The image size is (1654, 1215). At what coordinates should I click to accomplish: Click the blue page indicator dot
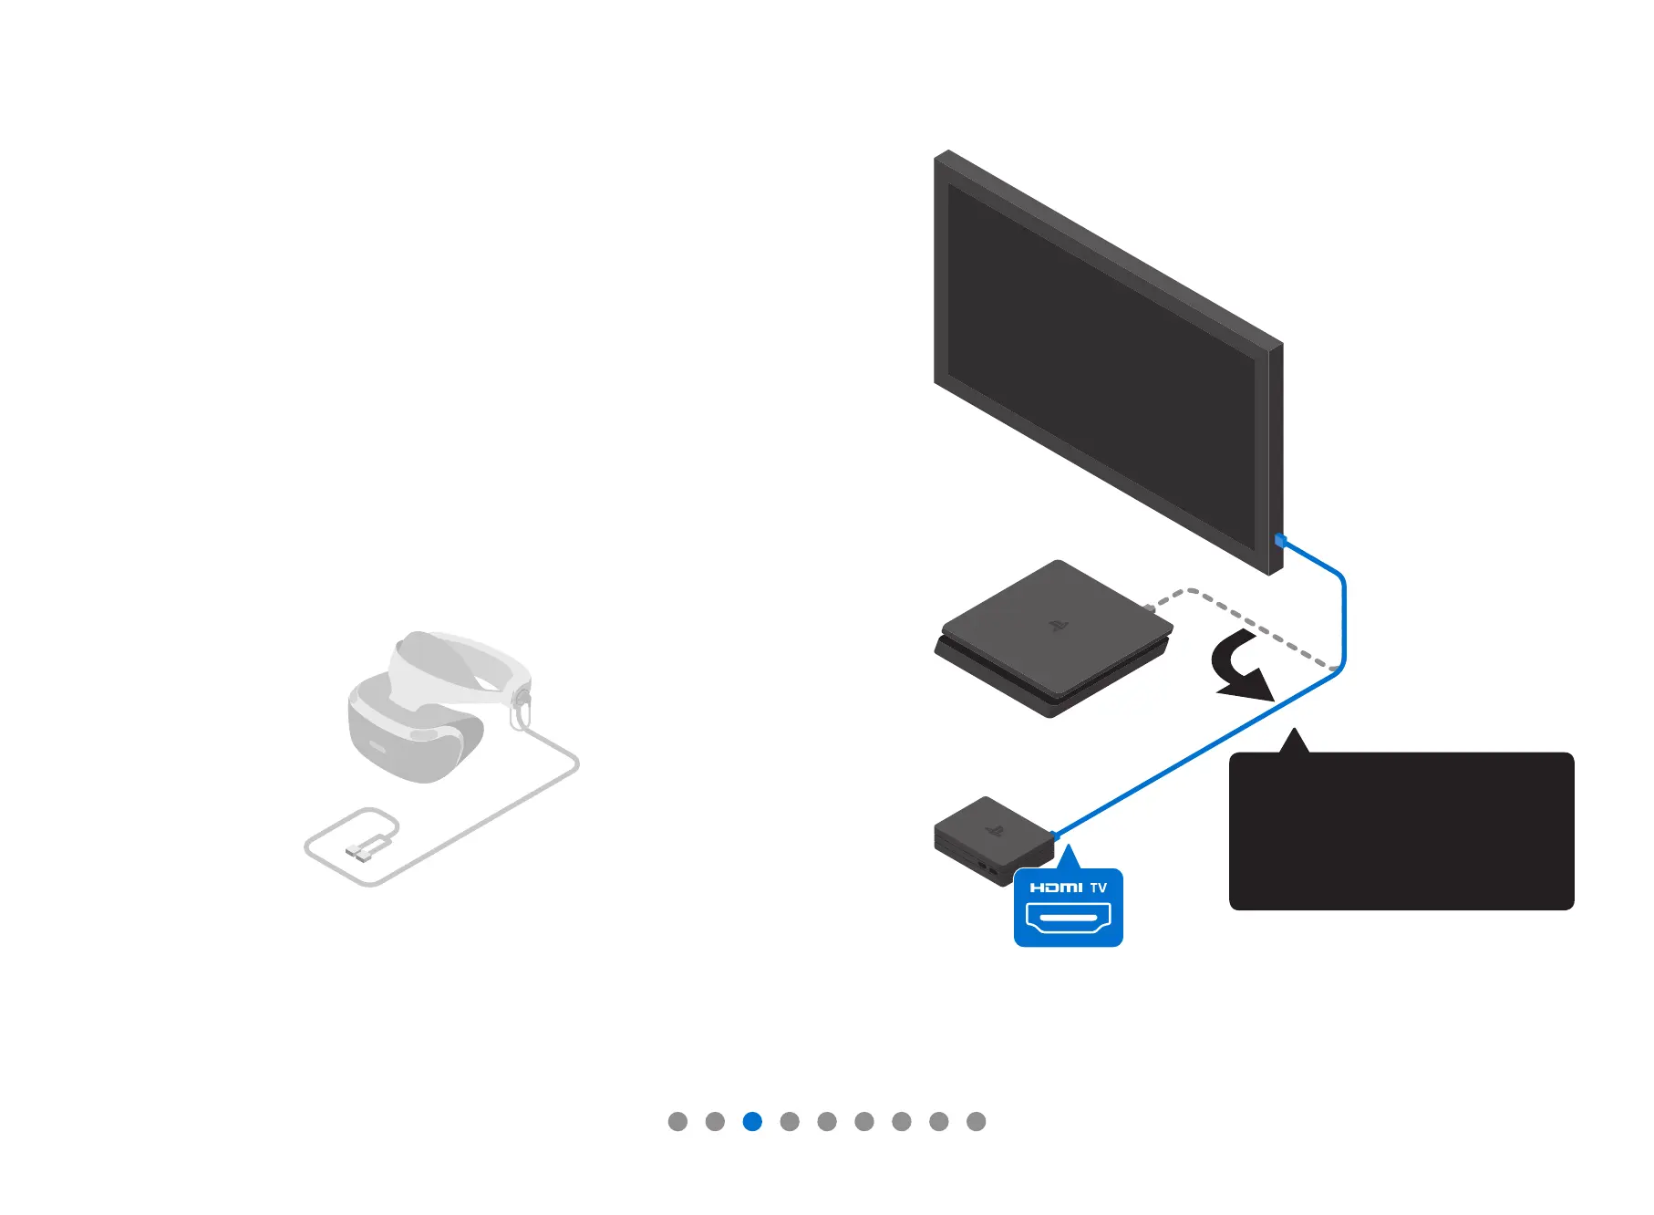[x=752, y=1121]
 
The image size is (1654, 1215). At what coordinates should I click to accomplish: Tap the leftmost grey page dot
[x=677, y=1121]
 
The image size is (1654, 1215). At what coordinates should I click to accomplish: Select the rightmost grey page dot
[x=976, y=1121]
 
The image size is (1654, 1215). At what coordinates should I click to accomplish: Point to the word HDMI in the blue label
[x=1056, y=888]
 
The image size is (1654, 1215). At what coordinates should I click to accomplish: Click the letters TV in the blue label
[x=1099, y=888]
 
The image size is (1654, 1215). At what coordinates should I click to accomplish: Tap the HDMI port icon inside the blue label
[x=1068, y=917]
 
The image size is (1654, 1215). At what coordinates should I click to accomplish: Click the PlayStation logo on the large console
[x=1058, y=626]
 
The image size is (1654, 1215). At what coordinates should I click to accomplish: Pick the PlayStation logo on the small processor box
[x=995, y=831]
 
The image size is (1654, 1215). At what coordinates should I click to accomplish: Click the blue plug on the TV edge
[x=1280, y=541]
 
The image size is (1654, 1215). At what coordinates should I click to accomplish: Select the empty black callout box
[x=1401, y=831]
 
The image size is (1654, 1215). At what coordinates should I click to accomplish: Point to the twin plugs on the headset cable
[x=359, y=853]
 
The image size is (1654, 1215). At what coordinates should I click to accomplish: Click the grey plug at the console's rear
[x=1150, y=607]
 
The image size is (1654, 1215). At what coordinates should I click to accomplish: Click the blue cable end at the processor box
[x=1056, y=836]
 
